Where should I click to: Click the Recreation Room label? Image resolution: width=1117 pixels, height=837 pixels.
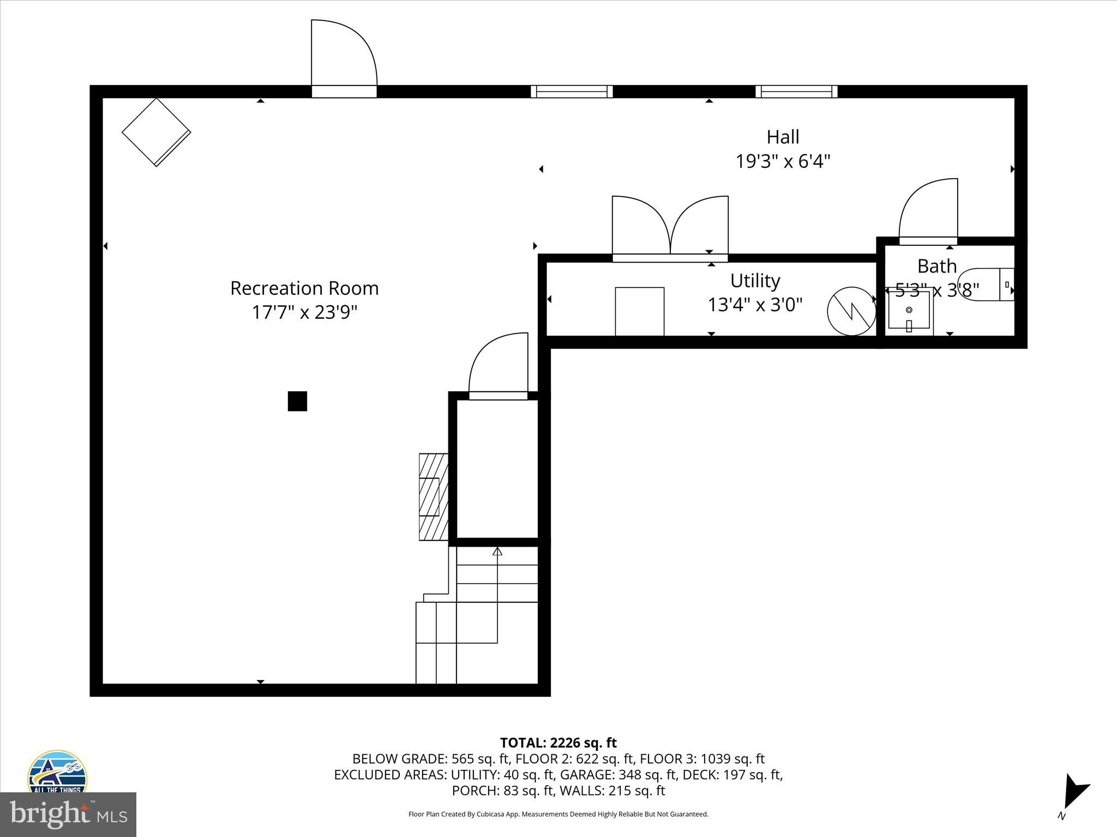pyautogui.click(x=304, y=288)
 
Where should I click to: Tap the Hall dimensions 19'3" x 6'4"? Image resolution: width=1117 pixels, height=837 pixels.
pyautogui.click(x=783, y=161)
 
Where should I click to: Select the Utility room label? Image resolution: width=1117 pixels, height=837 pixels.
pyautogui.click(x=755, y=281)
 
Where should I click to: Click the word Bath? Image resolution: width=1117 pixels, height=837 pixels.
pyautogui.click(x=936, y=266)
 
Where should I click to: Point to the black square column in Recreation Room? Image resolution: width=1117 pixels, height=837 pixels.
pyautogui.click(x=297, y=401)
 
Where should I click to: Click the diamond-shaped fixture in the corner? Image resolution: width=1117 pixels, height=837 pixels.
pyautogui.click(x=156, y=132)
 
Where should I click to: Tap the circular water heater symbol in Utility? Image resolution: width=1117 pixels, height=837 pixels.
pyautogui.click(x=851, y=311)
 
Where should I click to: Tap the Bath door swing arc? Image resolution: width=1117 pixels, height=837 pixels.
pyautogui.click(x=927, y=210)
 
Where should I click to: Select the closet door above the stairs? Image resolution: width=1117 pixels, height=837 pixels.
pyautogui.click(x=498, y=365)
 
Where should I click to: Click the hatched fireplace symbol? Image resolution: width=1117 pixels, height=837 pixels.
pyautogui.click(x=433, y=496)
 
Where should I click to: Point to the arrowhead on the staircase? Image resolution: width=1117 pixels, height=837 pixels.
pyautogui.click(x=497, y=551)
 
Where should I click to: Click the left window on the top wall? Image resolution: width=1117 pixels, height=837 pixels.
pyautogui.click(x=572, y=92)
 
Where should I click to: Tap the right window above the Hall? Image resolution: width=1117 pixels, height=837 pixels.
pyautogui.click(x=796, y=92)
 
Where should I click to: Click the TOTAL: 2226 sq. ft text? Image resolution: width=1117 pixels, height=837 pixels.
pyautogui.click(x=558, y=743)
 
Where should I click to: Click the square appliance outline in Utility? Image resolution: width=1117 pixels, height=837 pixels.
pyautogui.click(x=639, y=311)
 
